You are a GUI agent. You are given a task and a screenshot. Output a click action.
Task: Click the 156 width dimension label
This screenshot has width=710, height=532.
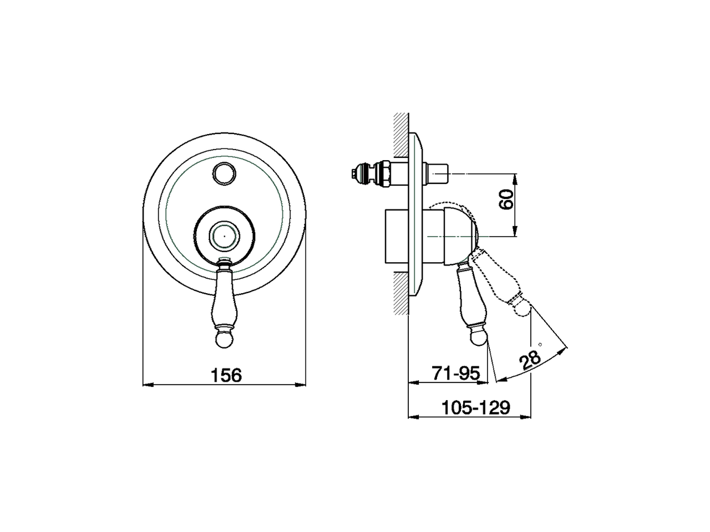coord(226,375)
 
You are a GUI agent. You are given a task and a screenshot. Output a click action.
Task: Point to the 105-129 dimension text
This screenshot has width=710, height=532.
coord(475,408)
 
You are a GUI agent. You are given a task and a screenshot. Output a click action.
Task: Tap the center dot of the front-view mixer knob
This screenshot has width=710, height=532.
coord(224,235)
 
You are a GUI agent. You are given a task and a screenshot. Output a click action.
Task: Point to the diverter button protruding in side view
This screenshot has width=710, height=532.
coord(439,173)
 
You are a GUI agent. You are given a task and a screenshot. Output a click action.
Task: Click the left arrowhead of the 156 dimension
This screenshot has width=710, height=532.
coord(146,385)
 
